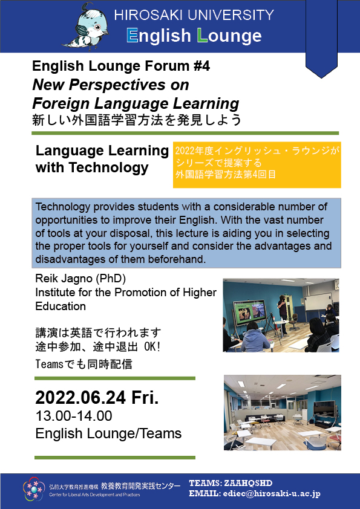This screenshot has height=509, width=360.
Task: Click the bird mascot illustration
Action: point(85,27)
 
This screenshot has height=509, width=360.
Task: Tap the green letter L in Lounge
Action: point(202,35)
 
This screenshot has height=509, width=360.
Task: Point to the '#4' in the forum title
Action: point(201,66)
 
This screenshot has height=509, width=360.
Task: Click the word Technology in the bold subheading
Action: point(108,168)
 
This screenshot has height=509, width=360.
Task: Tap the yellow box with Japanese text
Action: point(257,165)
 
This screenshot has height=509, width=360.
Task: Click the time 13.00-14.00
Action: point(74,416)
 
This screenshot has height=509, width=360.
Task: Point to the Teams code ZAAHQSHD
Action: point(248,483)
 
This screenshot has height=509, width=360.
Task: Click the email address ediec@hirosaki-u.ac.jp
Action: point(272,494)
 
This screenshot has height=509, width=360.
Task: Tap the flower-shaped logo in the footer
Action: point(33,488)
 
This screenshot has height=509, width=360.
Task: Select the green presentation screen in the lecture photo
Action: point(249,313)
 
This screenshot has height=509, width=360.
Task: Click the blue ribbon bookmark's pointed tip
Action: point(321,78)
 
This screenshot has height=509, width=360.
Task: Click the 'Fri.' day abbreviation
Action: point(145,397)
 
